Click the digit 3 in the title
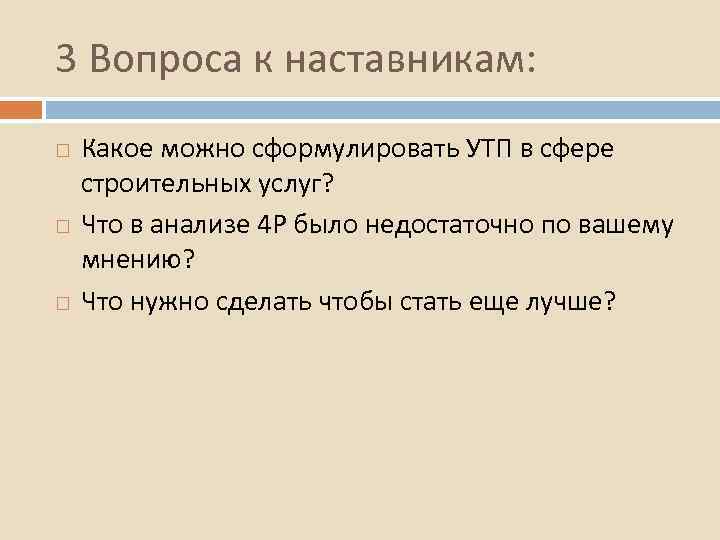click(x=66, y=60)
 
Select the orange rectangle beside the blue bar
click(x=21, y=107)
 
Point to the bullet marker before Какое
click(x=63, y=149)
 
